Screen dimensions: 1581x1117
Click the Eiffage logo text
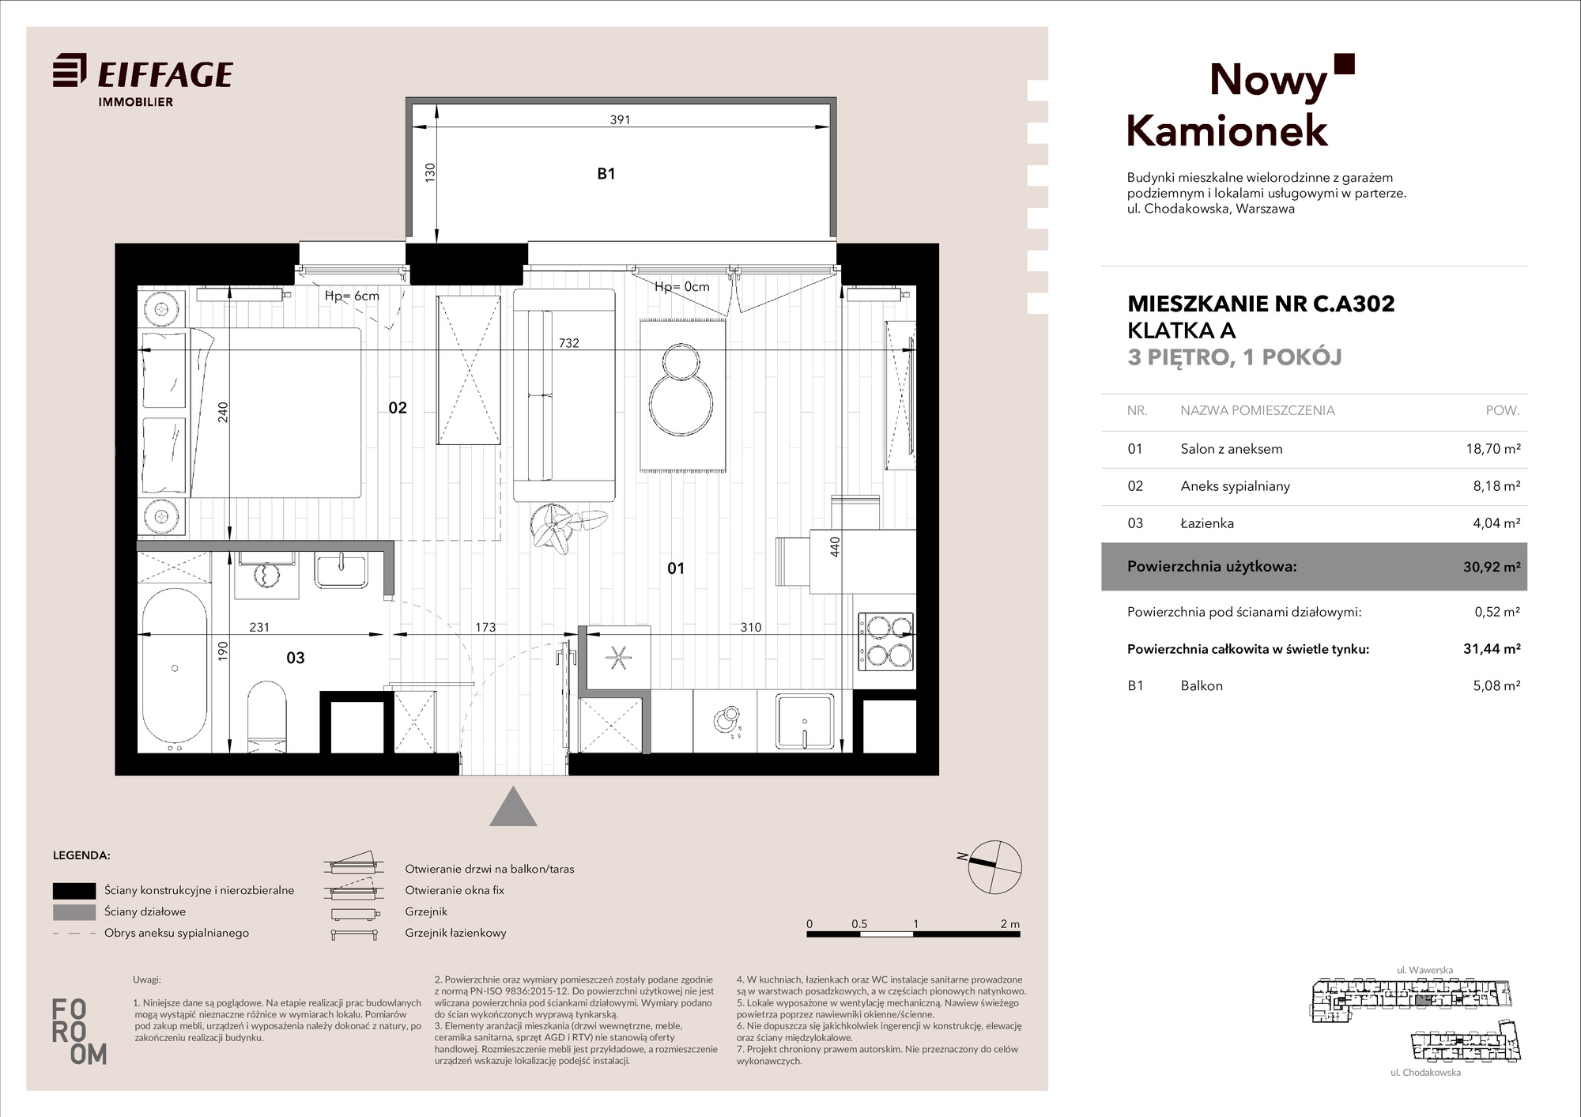[x=165, y=74]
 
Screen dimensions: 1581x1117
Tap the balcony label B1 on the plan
[x=606, y=174]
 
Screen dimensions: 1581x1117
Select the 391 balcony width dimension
[x=620, y=120]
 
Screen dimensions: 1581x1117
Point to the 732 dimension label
[x=569, y=343]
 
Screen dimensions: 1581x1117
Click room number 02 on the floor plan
[x=398, y=408]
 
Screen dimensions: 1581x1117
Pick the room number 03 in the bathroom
[x=296, y=658]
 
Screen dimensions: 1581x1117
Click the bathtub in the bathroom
[x=175, y=669]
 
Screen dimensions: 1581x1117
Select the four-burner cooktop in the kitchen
[x=885, y=641]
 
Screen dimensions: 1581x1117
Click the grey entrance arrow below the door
[x=514, y=807]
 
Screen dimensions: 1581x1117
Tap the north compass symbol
[x=995, y=867]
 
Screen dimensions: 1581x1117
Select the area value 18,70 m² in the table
[x=1493, y=449]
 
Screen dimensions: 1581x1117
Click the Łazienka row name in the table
[x=1207, y=523]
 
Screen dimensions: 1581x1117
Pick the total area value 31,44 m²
[x=1492, y=649]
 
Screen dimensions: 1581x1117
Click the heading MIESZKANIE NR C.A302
[x=1261, y=304]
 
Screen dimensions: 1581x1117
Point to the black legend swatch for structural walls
[x=74, y=891]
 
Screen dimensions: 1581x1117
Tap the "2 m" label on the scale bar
[x=1009, y=924]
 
